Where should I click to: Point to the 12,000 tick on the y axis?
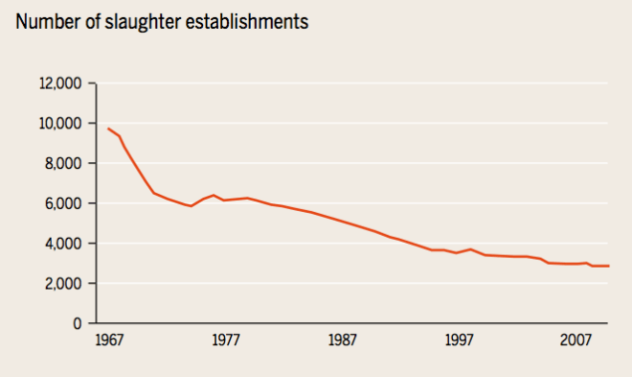pos(62,83)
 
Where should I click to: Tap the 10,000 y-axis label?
pos(62,124)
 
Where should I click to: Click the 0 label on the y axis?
pos(79,323)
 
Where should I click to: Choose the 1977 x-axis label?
pos(225,341)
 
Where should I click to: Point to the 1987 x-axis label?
pos(342,341)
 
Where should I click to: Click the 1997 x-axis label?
pos(459,341)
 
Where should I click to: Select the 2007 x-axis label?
pos(576,341)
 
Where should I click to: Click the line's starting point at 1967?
pos(108,129)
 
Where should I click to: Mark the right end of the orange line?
pos(609,266)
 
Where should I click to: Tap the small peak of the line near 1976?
pos(214,195)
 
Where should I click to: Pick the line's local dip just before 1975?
pos(191,206)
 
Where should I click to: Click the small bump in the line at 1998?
pos(470,249)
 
